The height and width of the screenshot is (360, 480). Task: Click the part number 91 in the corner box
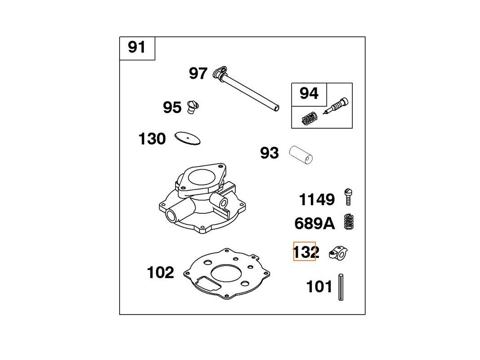pos(136,47)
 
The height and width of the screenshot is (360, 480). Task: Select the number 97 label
pos(198,73)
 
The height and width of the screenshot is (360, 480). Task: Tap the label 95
pos(172,108)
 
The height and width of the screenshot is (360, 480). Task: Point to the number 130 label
pos(152,139)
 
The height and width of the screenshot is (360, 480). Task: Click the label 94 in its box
pos(309,93)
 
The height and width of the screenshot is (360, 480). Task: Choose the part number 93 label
pos(269,153)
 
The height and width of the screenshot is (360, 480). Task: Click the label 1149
pos(317,200)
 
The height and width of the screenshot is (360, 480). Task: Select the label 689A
pos(315,224)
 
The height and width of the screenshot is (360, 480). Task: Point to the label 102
pos(161,272)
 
